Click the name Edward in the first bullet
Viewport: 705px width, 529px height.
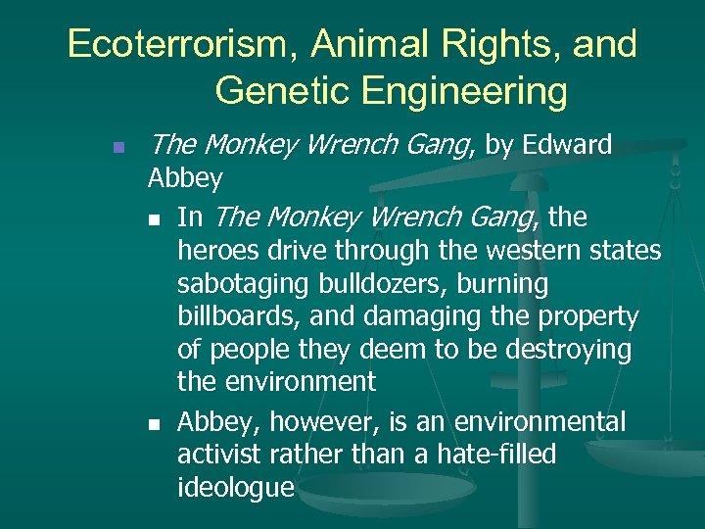tap(568, 146)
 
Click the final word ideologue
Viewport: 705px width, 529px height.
tap(236, 488)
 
